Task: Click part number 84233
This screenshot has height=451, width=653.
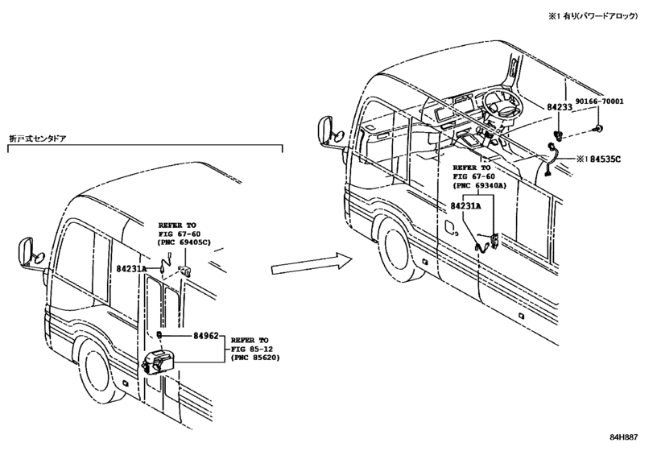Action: (560, 107)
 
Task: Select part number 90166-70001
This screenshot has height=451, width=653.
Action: (600, 101)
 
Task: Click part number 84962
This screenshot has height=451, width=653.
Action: (206, 335)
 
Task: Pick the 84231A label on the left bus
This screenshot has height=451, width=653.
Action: (131, 269)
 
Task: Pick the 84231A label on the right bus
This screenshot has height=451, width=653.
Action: (465, 205)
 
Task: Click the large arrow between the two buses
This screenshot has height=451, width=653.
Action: (312, 264)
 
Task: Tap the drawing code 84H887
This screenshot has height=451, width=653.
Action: (623, 437)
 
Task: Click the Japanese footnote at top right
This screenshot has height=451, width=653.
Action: (593, 16)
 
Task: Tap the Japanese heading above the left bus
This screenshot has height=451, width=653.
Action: (38, 139)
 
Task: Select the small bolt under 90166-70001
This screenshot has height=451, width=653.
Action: (598, 128)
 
